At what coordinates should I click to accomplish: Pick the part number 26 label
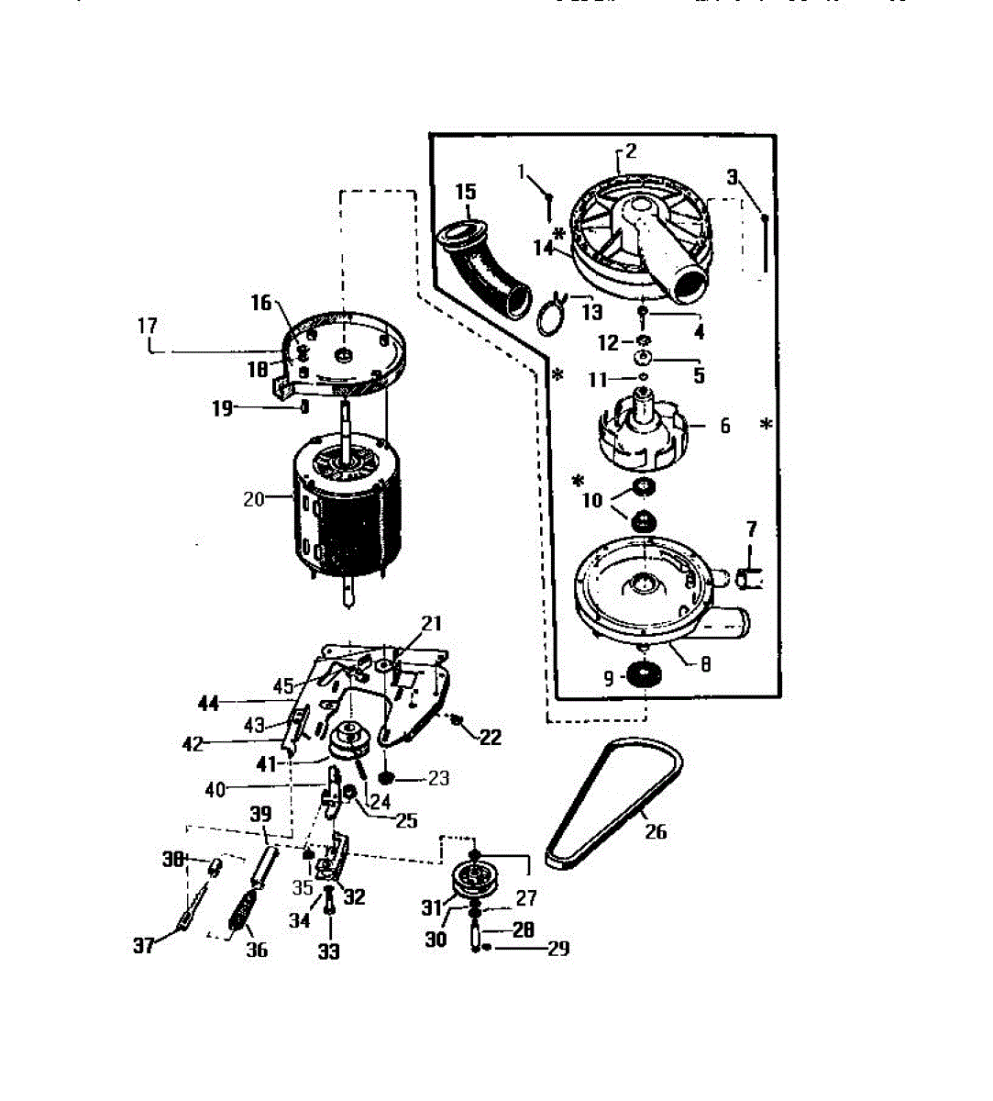coord(655,831)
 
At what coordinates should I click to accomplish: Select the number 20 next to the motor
coord(253,500)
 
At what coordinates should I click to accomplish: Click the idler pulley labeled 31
coord(477,882)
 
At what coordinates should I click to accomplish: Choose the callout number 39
coord(261,814)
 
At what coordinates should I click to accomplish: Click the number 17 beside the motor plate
coord(148,326)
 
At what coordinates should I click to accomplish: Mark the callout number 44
coord(209,704)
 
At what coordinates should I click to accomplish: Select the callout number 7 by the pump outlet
coord(752,529)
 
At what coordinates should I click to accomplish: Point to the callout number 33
coord(328,951)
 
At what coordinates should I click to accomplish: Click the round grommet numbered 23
coord(386,778)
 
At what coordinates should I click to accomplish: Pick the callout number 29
coord(557,948)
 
